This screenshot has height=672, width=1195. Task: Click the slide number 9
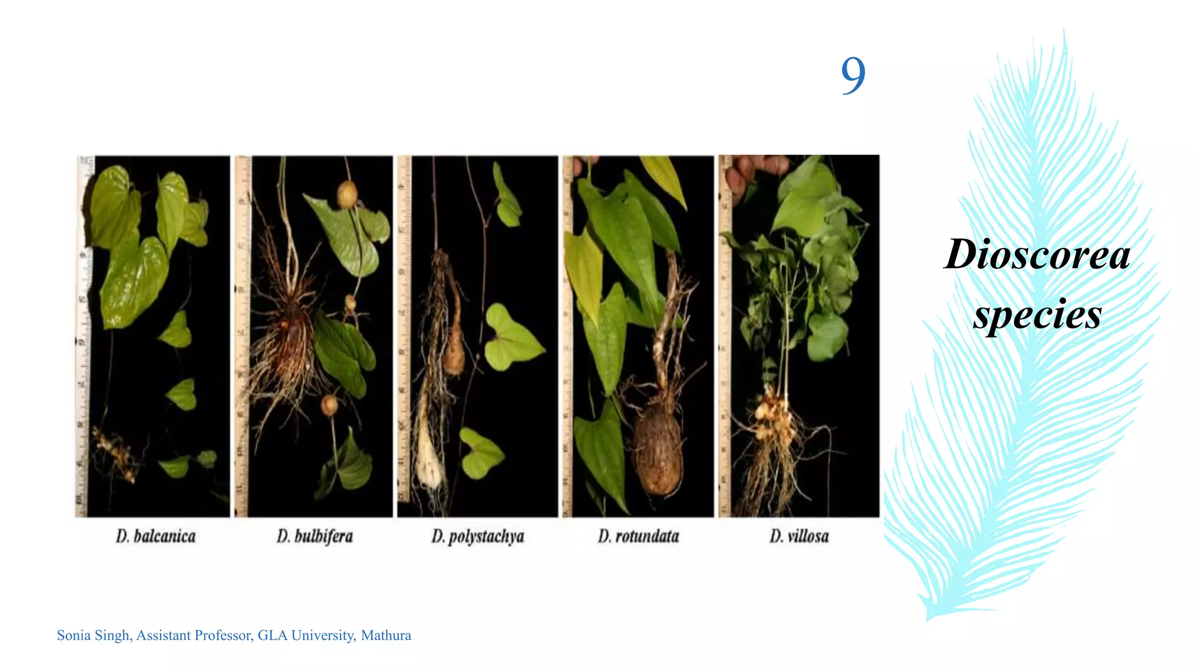pyautogui.click(x=852, y=75)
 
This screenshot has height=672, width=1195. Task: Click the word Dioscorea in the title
pyautogui.click(x=1037, y=255)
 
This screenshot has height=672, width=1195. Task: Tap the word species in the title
pyautogui.click(x=1037, y=315)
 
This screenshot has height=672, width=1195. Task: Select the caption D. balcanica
pyautogui.click(x=155, y=536)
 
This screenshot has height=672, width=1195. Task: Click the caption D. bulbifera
pyautogui.click(x=315, y=536)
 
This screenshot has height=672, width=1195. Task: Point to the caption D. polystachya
pyautogui.click(x=477, y=536)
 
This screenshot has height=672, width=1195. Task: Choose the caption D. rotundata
pyautogui.click(x=638, y=536)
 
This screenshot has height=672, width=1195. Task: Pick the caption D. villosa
pyautogui.click(x=799, y=536)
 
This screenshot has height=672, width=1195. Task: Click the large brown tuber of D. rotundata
pyautogui.click(x=658, y=449)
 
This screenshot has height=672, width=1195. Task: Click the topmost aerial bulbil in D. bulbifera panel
pyautogui.click(x=347, y=195)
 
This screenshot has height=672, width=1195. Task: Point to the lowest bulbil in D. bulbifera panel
pyautogui.click(x=329, y=404)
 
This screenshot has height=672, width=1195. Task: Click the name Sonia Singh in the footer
pyautogui.click(x=93, y=635)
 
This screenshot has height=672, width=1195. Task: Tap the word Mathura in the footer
pyautogui.click(x=386, y=635)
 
